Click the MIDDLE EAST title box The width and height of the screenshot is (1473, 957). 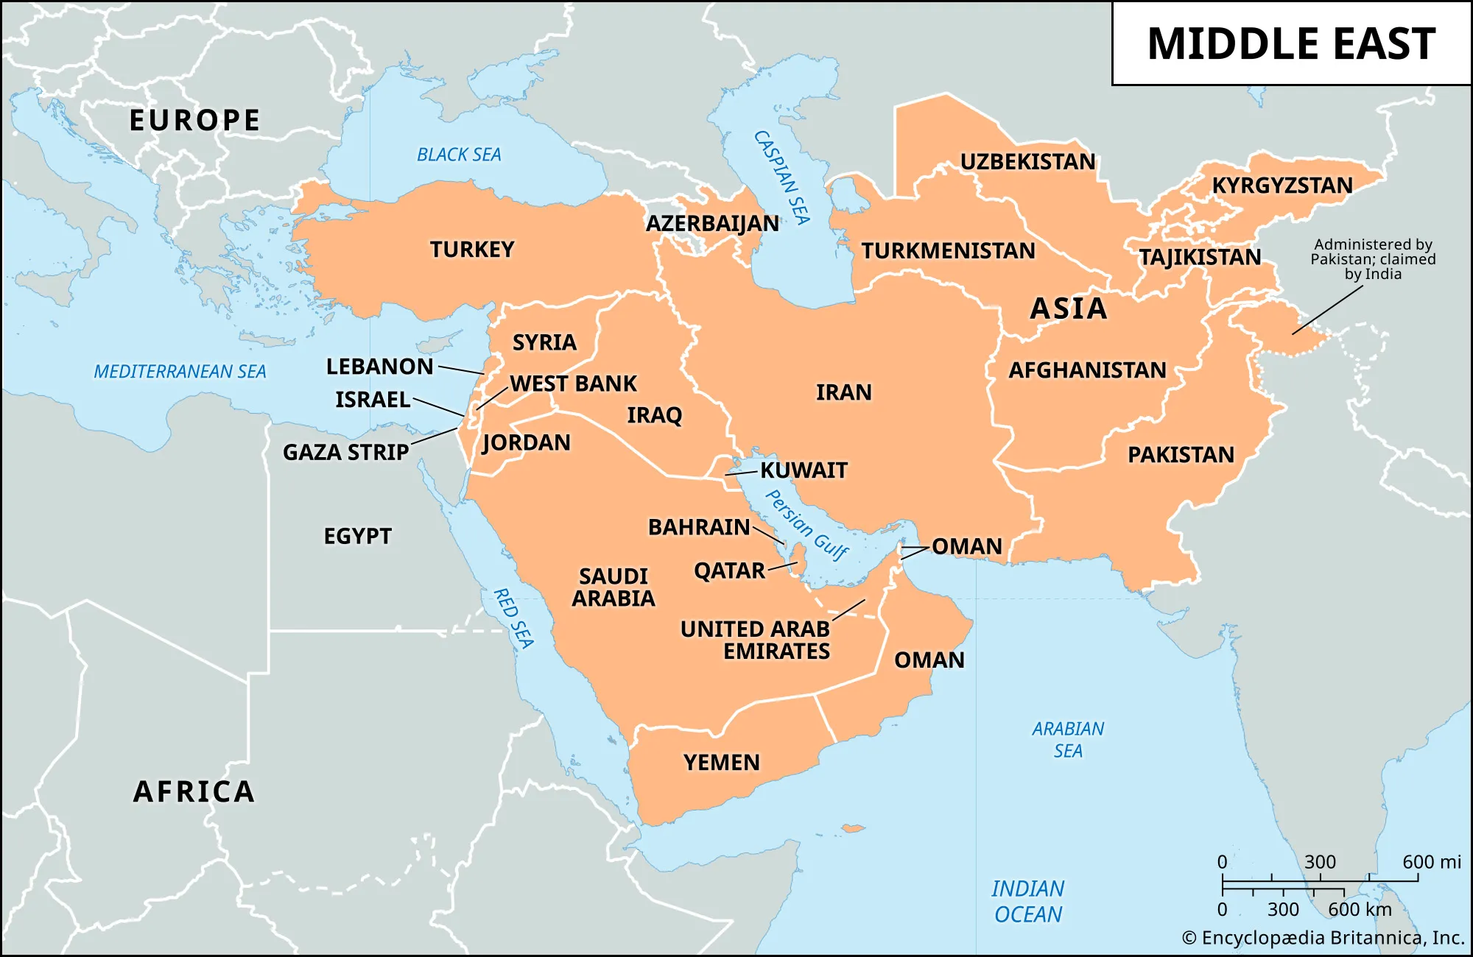pos(1291,43)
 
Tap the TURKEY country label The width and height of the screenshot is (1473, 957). pos(472,250)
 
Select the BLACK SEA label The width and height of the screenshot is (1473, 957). pos(459,155)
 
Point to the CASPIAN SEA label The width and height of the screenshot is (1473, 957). pos(782,177)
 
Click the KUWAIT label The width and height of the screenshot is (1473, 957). pos(804,470)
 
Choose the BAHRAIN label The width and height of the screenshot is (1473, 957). pos(699,527)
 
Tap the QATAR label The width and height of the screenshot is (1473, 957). pos(729,571)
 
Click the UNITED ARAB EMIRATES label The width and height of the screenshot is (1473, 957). pos(756,640)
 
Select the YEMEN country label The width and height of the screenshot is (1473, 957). pos(721,762)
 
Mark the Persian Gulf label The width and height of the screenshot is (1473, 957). pos(806,525)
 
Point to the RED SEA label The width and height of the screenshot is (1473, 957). pos(513,618)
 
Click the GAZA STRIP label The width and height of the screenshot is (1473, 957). pos(345,452)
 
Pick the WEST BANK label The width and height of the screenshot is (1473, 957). pos(573,384)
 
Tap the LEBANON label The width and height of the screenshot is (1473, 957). pos(380,367)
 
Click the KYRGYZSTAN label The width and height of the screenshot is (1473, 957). pos(1282,186)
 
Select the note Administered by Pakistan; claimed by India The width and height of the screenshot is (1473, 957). pos(1373,259)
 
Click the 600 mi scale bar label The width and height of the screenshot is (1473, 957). pos(1431,861)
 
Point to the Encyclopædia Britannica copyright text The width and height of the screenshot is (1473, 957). pos(1323,938)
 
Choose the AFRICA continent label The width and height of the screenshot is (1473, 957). pos(194,792)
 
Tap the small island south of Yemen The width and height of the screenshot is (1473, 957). pos(852,829)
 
